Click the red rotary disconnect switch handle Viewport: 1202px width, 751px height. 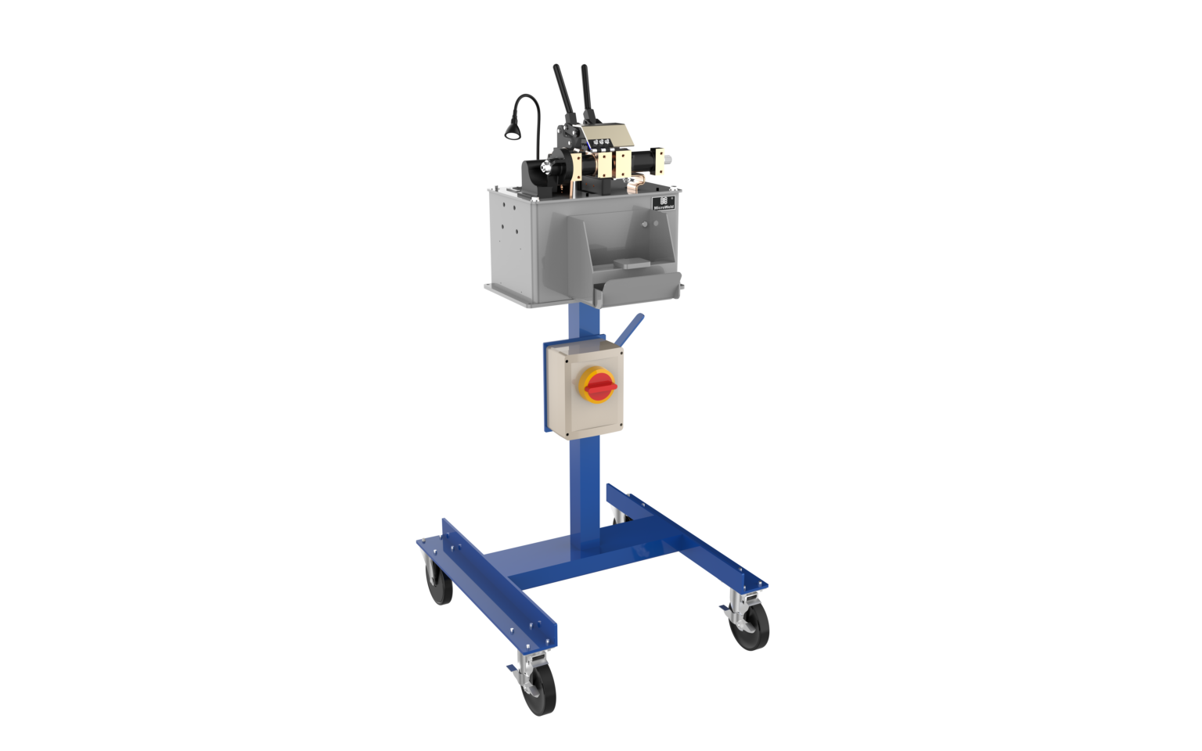(x=598, y=385)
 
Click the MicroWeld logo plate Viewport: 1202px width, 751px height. (x=664, y=203)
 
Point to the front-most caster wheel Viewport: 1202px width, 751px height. (x=538, y=691)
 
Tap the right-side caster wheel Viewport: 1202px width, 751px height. (x=750, y=626)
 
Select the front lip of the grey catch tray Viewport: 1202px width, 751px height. (x=634, y=291)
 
